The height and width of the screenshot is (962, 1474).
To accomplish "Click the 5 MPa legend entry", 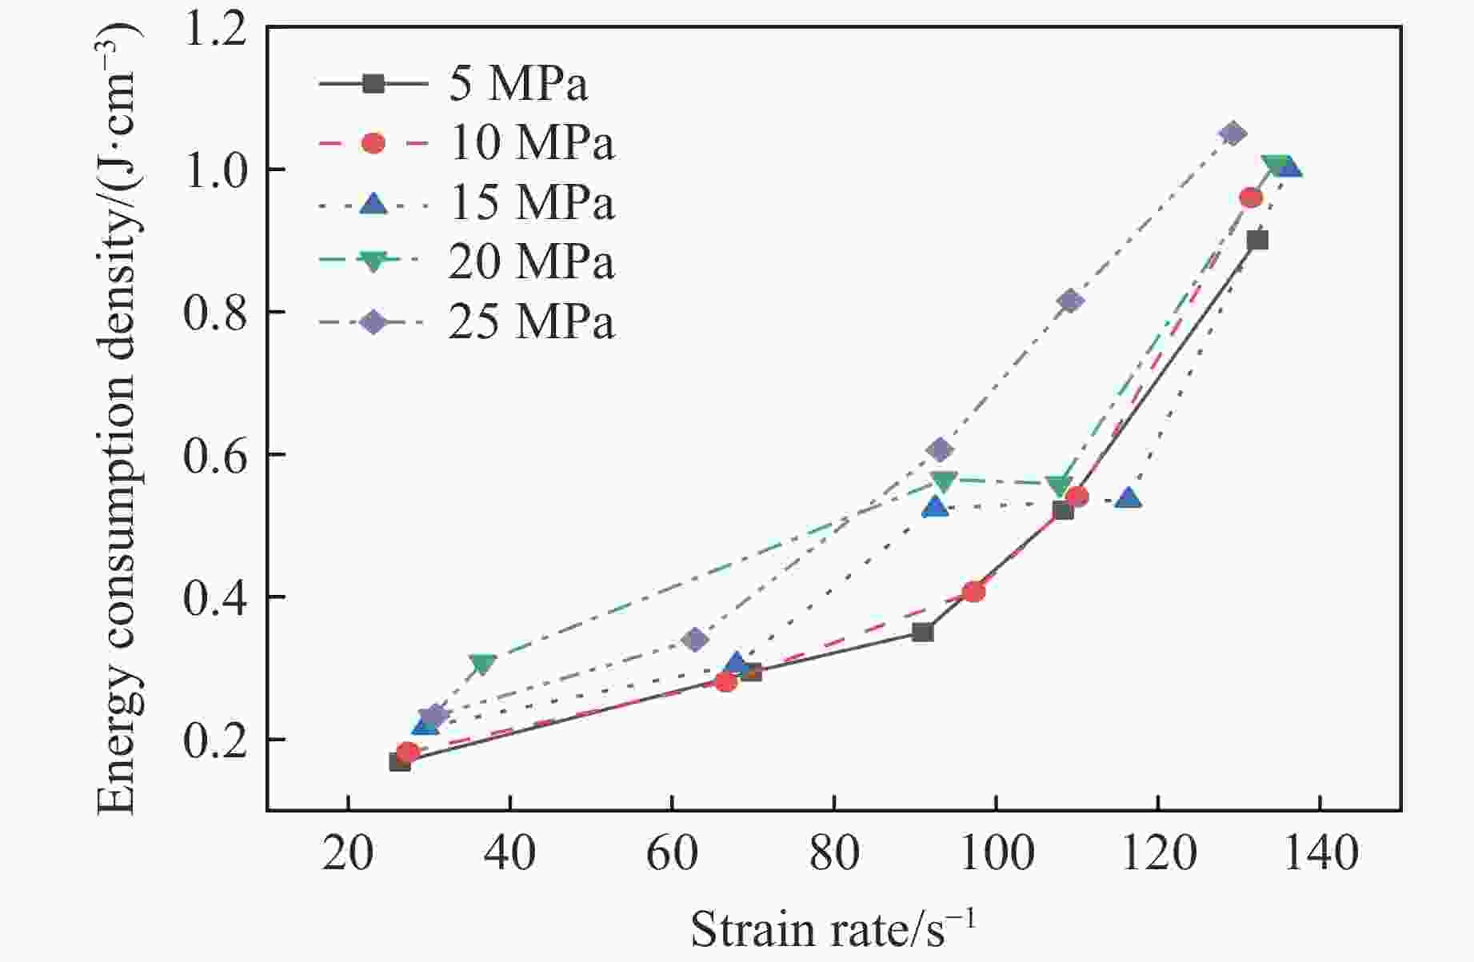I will pos(518,83).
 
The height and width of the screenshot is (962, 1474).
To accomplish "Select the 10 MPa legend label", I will pos(532,143).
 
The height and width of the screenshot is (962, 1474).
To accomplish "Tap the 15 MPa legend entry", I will pos(532,203).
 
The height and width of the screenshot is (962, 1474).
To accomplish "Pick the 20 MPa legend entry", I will pos(532,262).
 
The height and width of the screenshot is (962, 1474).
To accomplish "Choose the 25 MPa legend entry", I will pos(532,322).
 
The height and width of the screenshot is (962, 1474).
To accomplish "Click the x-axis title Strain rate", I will pos(833,929).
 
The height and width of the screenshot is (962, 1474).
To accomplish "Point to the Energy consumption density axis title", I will pos(118,416).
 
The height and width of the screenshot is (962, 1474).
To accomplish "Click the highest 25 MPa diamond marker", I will pos(1232,134).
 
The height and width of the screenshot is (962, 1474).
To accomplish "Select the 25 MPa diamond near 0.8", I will pos(1071,301).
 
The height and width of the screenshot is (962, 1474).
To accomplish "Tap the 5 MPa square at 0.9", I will pos(1256,240).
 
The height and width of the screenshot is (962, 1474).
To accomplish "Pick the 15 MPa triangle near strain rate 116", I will pos(1129,498).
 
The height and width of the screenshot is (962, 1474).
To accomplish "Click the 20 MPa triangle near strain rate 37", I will pos(483,663).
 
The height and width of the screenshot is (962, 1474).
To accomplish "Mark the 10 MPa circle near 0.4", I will pos(973,592).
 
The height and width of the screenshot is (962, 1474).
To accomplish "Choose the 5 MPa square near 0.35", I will pos(923,633).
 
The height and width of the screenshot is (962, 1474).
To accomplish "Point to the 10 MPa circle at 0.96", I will pos(1251,198).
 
